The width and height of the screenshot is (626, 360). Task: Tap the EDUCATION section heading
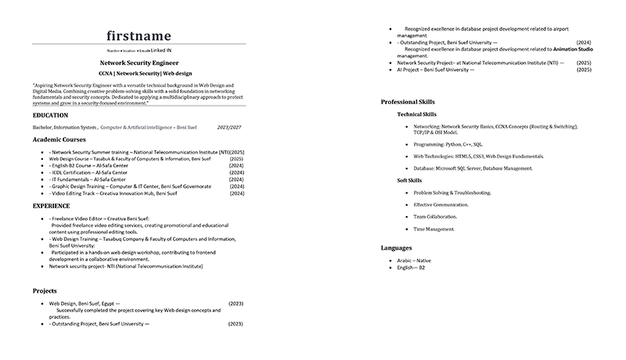(50, 115)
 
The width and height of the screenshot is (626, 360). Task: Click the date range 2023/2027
(229, 127)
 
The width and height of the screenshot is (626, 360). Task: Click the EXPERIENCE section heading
(51, 206)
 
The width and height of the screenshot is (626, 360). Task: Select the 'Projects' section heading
(45, 290)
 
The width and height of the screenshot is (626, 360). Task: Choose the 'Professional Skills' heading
(408, 102)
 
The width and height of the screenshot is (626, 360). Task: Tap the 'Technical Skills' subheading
(417, 114)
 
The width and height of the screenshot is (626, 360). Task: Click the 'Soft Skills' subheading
(410, 181)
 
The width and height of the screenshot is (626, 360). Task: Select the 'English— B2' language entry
(411, 268)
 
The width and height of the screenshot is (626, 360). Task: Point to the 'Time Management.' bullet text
(434, 229)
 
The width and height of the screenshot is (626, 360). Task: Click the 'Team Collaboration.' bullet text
(435, 217)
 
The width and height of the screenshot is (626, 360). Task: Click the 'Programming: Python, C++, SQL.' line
(448, 144)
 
